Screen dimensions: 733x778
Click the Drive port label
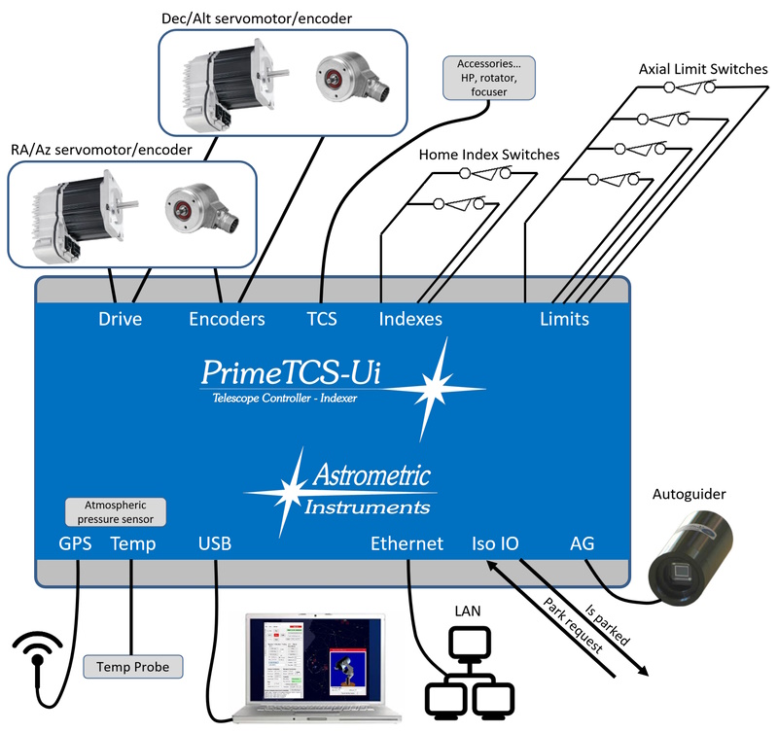[121, 319]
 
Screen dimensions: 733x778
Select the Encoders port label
[227, 319]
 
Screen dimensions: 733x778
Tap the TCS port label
[321, 319]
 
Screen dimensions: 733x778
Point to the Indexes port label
[409, 319]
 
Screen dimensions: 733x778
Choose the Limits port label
[564, 319]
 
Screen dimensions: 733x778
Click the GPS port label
[75, 543]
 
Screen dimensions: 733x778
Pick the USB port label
[216, 543]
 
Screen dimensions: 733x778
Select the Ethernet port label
[407, 543]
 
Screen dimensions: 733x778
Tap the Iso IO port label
[495, 543]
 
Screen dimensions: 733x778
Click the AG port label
[582, 543]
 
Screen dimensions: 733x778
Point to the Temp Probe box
[132, 667]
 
